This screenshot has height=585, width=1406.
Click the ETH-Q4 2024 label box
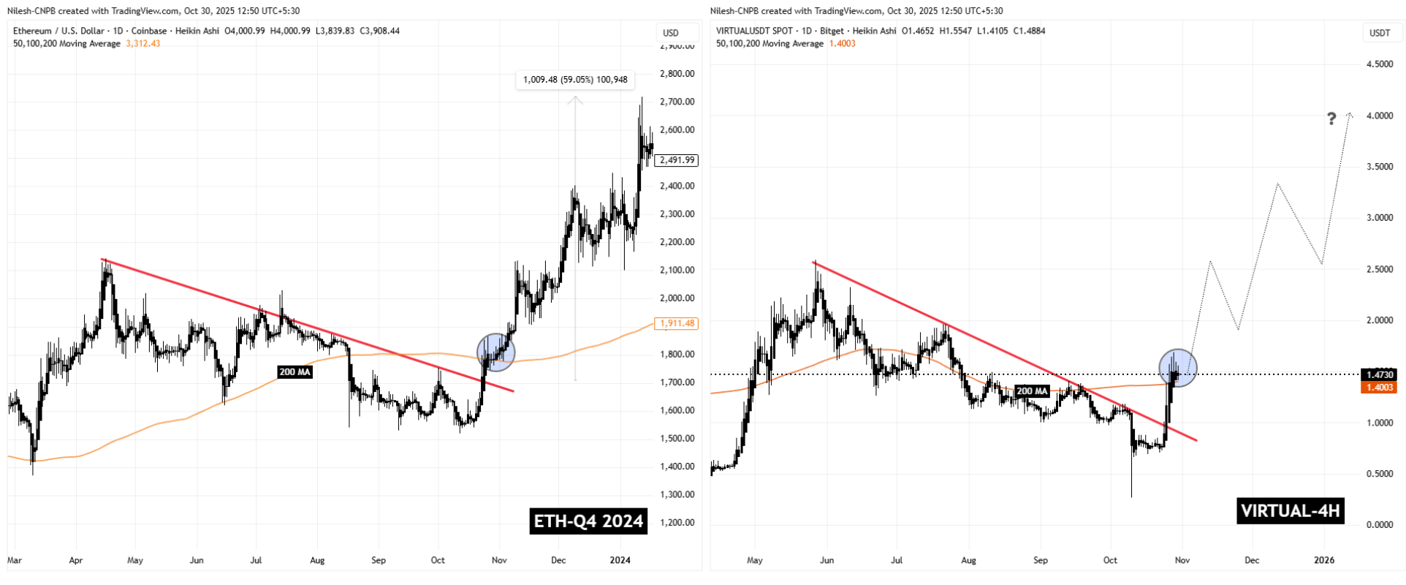588,521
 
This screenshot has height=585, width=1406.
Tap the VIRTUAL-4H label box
1291,510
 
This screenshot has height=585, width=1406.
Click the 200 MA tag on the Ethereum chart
295,372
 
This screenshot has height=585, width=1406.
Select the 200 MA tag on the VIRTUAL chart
1033,391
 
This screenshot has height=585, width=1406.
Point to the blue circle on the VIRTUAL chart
1178,368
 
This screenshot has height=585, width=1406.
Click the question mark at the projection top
1331,118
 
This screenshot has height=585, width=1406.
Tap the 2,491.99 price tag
677,160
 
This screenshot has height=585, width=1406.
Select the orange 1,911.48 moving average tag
677,323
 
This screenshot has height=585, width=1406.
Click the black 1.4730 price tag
1380,374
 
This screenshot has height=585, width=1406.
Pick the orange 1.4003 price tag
1380,388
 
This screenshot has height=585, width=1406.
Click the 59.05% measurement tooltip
575,80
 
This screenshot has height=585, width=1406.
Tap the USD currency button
671,33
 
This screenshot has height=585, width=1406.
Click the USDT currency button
1380,33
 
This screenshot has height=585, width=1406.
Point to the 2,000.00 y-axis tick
676,298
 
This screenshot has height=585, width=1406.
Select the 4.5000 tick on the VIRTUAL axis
1379,64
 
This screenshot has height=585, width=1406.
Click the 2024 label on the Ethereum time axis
620,561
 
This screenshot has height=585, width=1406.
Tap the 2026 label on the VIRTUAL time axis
1324,561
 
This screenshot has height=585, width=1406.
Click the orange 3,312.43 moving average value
143,43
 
